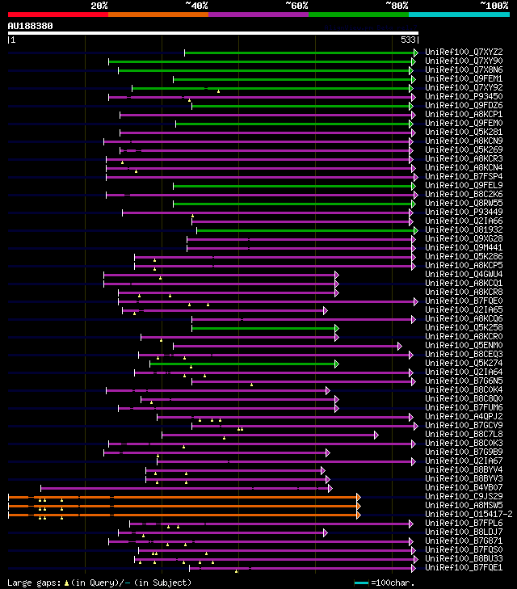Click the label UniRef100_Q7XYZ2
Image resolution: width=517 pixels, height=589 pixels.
pos(463,52)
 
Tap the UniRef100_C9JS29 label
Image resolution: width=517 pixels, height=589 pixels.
pos(463,496)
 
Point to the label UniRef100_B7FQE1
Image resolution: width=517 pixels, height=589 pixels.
pos(463,567)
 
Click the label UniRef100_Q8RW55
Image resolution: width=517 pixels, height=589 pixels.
pos(463,203)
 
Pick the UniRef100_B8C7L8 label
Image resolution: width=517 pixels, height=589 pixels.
pos(463,434)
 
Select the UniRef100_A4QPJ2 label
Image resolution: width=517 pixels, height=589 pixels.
pos(463,416)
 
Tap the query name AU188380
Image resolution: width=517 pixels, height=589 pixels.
pos(31,26)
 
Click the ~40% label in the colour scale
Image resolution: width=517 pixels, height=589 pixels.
pos(196,6)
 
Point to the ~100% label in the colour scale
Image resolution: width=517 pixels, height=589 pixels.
pos(494,6)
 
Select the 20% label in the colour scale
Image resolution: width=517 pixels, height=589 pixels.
pos(99,6)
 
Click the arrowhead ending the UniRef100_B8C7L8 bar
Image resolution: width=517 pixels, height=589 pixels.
pos(376,435)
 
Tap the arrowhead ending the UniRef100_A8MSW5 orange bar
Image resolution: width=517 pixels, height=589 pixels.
pos(358,506)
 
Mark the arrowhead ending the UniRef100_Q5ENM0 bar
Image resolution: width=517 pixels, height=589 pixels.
pos(399,346)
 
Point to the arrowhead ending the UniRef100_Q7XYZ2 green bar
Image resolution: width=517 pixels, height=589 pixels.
pos(414,53)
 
